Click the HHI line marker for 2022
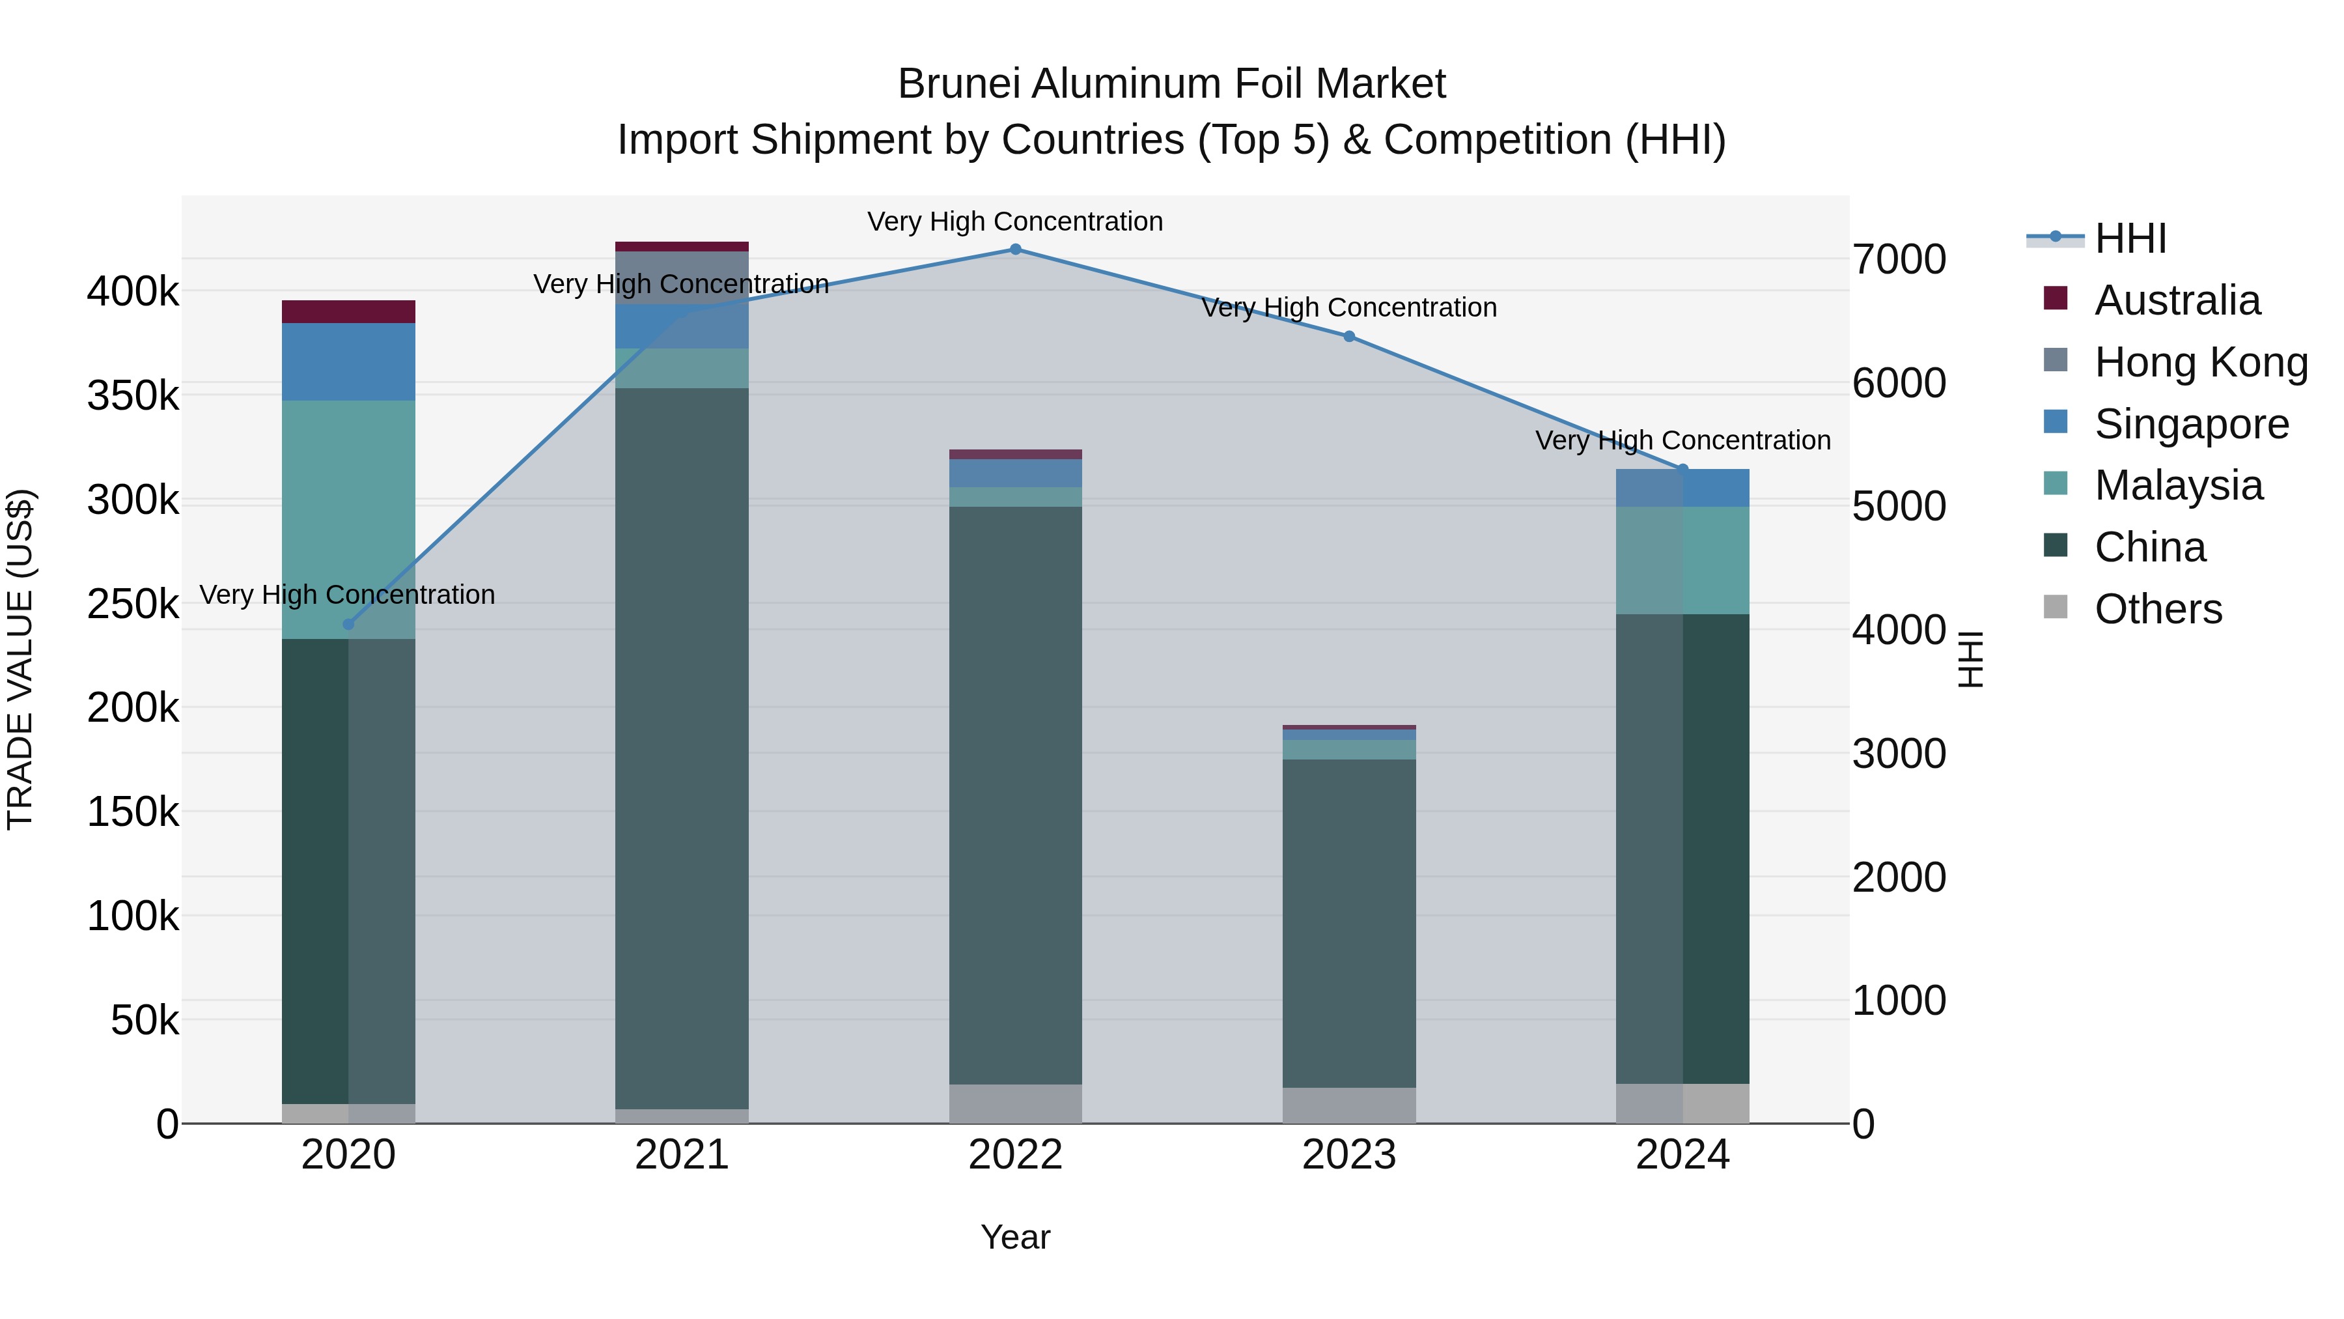click(x=1016, y=249)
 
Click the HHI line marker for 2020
click(x=348, y=625)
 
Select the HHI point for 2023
click(x=1350, y=337)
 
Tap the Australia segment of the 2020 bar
click(x=348, y=312)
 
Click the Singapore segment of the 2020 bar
click(x=348, y=362)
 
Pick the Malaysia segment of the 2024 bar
click(x=1682, y=561)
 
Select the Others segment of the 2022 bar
click(x=1016, y=1103)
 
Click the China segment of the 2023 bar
click(x=1350, y=923)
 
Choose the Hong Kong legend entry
click(x=2200, y=362)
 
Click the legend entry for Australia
click(x=2177, y=300)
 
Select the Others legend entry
click(x=2158, y=609)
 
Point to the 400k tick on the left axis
click(x=133, y=292)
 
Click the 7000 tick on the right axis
click(x=1900, y=259)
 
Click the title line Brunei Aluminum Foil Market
click(x=1171, y=84)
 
